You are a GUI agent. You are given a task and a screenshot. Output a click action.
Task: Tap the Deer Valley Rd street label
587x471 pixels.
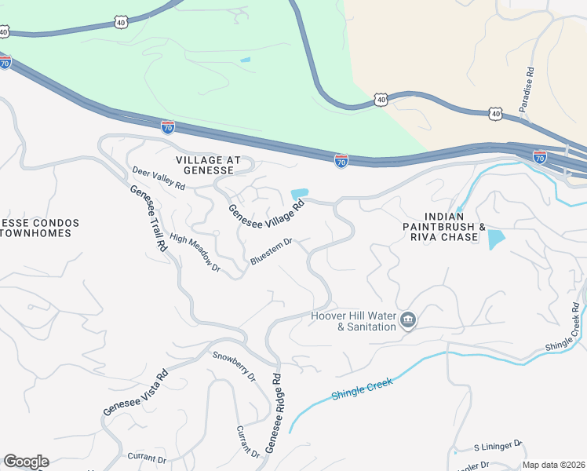pos(159,178)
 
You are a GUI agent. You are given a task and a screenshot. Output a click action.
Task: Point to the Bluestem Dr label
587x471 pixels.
pos(271,252)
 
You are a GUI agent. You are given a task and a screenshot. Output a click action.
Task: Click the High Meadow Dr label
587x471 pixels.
pos(195,254)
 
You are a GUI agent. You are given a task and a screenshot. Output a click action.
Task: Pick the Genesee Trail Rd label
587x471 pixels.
pos(149,218)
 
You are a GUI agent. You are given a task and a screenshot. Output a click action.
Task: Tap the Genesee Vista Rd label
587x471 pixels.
pos(136,392)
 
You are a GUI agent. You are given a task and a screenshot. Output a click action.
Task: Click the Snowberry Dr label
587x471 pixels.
pos(234,366)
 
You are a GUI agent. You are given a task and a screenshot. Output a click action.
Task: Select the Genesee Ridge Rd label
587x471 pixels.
pos(272,412)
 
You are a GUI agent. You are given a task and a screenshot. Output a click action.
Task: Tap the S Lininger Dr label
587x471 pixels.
pos(498,445)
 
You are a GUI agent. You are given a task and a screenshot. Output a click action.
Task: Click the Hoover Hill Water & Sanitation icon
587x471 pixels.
pos(407,320)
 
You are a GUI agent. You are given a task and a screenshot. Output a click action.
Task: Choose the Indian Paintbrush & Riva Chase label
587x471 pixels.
pos(450,227)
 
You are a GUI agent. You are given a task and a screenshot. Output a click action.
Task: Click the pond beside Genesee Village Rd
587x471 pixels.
pos(300,194)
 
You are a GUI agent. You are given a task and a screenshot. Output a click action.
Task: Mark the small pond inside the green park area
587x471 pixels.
pos(246,60)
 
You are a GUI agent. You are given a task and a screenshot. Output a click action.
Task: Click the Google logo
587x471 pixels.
pos(26,462)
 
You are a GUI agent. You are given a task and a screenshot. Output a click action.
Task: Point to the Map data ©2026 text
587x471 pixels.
pos(553,465)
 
